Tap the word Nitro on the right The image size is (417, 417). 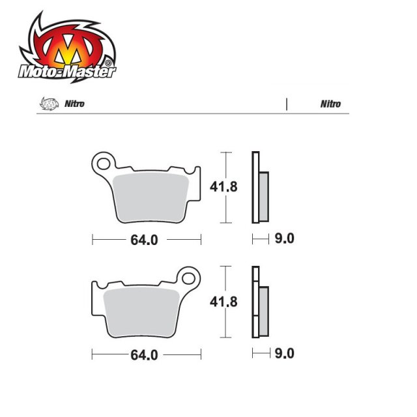(330, 104)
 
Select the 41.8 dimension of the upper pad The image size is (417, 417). (223, 186)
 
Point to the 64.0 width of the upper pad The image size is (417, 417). (144, 240)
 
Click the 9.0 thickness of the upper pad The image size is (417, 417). (285, 239)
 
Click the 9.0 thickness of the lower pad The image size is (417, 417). (285, 354)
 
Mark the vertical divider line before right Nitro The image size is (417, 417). (286, 104)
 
